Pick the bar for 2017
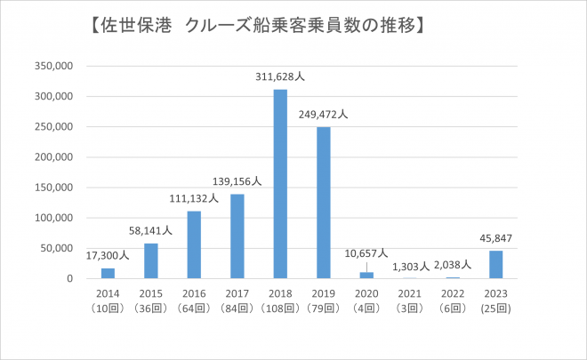(237, 236)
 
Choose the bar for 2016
(194, 244)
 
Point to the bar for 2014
(108, 273)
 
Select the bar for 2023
(496, 265)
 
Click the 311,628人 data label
(280, 78)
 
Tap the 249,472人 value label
(324, 115)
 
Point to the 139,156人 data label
(237, 181)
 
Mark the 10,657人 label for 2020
(366, 253)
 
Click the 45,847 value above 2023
(496, 238)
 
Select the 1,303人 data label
(411, 266)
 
